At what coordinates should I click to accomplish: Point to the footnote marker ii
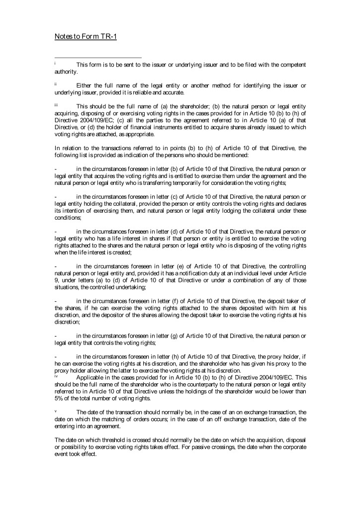tap(56, 85)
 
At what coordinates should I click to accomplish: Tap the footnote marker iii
tap(56, 104)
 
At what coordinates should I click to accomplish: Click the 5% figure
tap(59, 399)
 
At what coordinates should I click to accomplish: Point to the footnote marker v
tap(56, 411)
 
